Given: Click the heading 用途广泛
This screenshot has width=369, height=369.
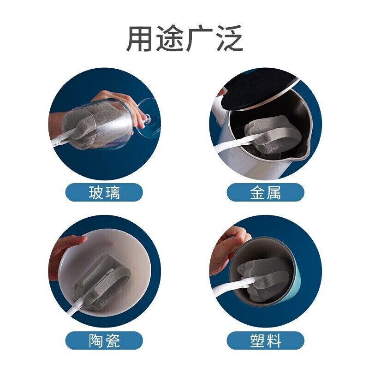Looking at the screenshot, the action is point(185,38).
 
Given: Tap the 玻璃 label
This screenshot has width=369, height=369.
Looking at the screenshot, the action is point(104,192).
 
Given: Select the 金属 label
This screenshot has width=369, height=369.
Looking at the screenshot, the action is point(265,192).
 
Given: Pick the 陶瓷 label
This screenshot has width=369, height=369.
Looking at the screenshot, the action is point(104,340).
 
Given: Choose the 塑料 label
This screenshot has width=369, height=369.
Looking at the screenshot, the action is point(265,340).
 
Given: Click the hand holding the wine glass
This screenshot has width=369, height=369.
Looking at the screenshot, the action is point(122,106).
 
